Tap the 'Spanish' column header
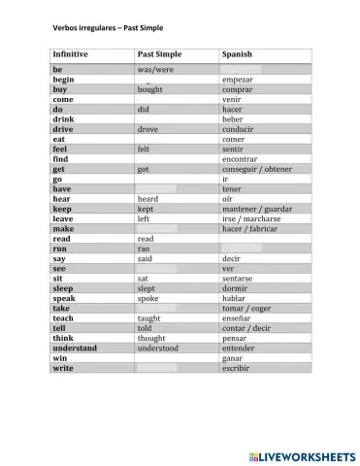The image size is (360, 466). tap(239, 54)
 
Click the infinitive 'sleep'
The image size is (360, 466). tap(63, 288)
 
